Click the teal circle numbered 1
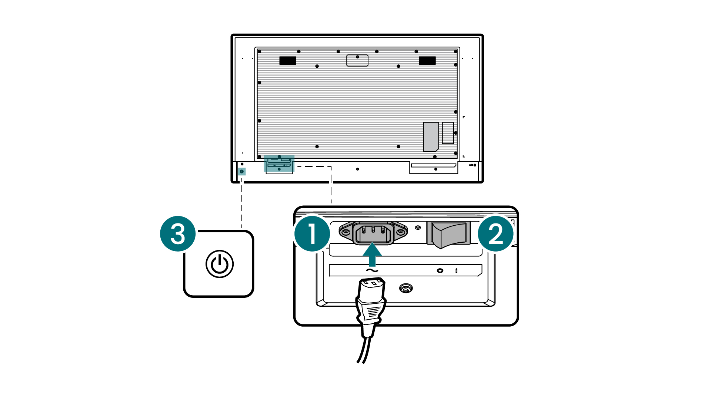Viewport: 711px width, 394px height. (312, 233)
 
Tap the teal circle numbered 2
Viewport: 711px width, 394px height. (495, 233)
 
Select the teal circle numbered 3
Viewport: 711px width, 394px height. (178, 234)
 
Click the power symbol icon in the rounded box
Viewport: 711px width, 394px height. (220, 264)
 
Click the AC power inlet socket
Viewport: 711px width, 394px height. (373, 233)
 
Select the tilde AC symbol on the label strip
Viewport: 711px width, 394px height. (372, 271)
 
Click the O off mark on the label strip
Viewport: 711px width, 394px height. (440, 271)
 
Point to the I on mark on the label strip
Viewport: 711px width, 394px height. (456, 271)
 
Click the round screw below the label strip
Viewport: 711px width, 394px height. (406, 288)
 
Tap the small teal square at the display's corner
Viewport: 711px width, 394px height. (242, 171)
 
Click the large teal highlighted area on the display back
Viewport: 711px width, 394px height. (279, 164)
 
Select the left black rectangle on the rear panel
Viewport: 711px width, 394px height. (287, 61)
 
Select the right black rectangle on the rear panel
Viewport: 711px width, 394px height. (427, 61)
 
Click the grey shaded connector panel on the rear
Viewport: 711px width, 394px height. (431, 137)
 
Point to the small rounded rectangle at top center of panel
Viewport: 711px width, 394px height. (357, 60)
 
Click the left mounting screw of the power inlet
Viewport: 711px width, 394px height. (346, 232)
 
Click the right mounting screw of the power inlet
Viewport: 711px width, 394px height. (401, 232)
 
